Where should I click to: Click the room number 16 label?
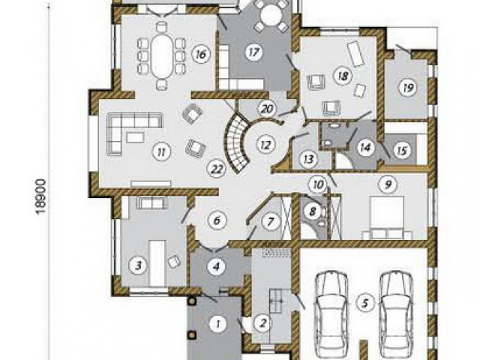click(x=201, y=55)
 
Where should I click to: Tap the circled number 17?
click(x=254, y=52)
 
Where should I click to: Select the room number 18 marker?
click(x=343, y=76)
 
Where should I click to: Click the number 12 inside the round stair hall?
click(x=265, y=144)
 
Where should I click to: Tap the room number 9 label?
click(x=388, y=184)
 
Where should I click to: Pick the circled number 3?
click(x=138, y=265)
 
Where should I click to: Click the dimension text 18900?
click(x=41, y=196)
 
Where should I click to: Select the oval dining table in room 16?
click(x=162, y=55)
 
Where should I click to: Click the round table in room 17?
click(x=271, y=13)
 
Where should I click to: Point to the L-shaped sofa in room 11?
click(x=133, y=132)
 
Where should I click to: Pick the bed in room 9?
click(x=387, y=217)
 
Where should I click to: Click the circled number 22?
click(x=217, y=169)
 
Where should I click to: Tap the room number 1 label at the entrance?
click(x=217, y=324)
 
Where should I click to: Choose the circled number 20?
click(x=267, y=108)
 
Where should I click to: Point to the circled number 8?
click(x=312, y=211)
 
